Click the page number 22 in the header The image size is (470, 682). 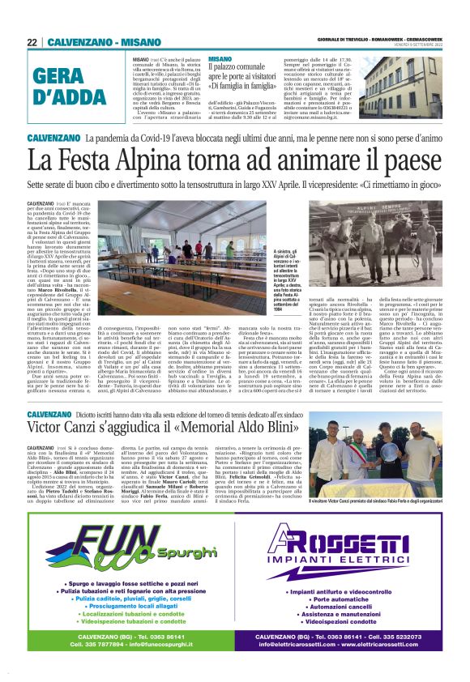click(x=32, y=42)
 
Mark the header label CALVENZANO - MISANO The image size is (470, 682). click(x=91, y=42)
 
